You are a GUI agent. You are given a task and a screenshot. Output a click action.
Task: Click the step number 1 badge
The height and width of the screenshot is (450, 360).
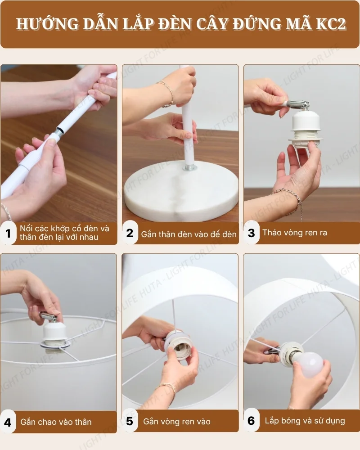coord(8,233)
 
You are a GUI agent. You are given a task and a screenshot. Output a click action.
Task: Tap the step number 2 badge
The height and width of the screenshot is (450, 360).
coord(130,233)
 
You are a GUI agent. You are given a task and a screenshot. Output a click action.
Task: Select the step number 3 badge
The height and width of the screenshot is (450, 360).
coord(252,233)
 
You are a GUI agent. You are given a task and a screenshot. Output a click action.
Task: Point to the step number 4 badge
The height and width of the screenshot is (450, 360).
coord(8,422)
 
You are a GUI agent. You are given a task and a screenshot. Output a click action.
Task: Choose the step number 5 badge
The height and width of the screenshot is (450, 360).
coord(130,421)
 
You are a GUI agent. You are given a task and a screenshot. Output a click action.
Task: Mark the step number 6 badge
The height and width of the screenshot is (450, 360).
coord(252,421)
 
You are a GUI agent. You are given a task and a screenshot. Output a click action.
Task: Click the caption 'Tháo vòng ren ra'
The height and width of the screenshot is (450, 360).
coord(295,233)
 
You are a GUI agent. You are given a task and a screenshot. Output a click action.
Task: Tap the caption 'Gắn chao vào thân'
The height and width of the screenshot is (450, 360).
coord(56,422)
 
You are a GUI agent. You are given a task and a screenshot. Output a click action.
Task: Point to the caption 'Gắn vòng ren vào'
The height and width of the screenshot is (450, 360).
coord(177,422)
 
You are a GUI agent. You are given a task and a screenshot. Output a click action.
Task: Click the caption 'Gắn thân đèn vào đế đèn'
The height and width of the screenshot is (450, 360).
coord(189,234)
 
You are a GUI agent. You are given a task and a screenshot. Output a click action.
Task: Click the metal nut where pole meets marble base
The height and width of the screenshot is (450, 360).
coord(189,167)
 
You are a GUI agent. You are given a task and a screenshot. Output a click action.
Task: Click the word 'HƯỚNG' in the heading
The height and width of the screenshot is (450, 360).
coord(40,24)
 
